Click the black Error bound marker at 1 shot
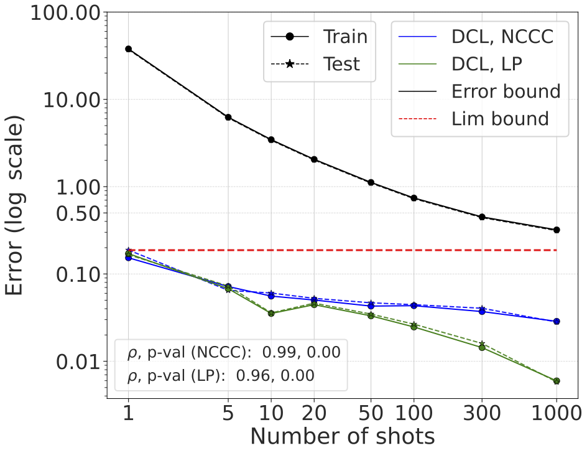coord(129,49)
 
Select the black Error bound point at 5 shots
coord(228,117)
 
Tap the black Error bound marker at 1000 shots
coord(557,230)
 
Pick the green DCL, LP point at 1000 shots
coord(557,381)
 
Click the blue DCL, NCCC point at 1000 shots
coord(557,321)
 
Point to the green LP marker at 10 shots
coord(271,313)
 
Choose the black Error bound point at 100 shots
coord(414,198)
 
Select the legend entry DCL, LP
coord(486,64)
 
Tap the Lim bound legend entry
coord(500,118)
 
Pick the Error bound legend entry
coord(506,91)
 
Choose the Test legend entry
coord(341,63)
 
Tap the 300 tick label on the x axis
coord(482,413)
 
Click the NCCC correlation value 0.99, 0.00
coord(301,353)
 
